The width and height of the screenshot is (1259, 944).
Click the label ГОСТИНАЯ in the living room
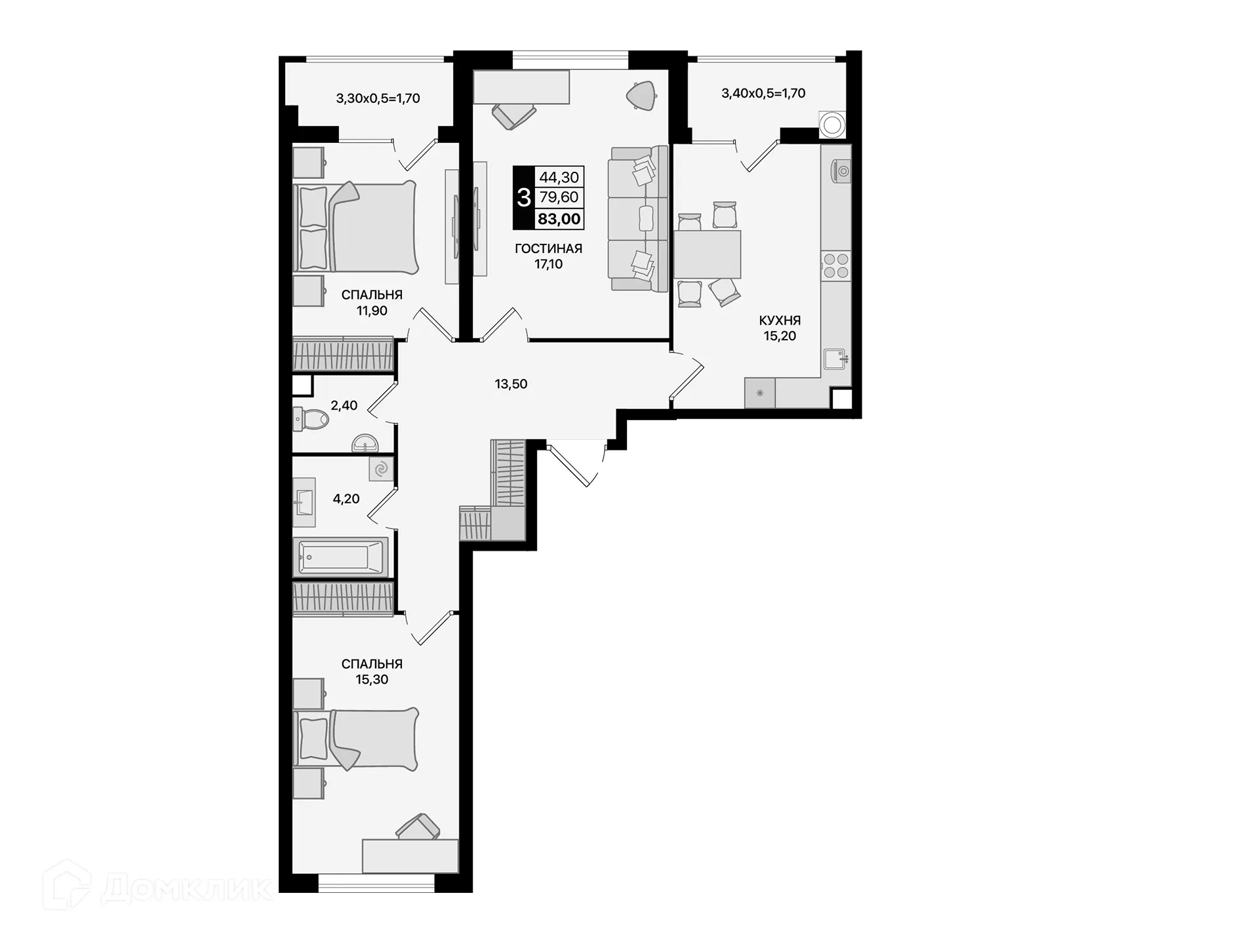click(x=548, y=248)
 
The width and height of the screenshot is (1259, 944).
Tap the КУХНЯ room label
click(x=780, y=321)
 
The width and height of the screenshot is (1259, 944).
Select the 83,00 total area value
click(x=559, y=219)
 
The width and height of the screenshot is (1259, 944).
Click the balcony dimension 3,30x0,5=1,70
click(x=378, y=98)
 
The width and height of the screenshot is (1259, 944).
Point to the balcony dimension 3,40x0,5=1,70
click(x=763, y=93)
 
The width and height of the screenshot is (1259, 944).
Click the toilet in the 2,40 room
click(x=311, y=418)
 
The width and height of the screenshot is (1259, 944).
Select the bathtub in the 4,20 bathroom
click(x=340, y=557)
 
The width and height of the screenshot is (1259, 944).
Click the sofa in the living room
click(x=636, y=218)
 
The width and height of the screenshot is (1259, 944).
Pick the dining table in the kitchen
click(x=708, y=254)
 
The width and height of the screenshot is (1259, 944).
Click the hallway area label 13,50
click(x=511, y=384)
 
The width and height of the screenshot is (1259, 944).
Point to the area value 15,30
click(x=372, y=680)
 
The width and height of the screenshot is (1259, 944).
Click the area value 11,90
click(x=372, y=311)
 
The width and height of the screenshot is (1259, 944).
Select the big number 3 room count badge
click(x=523, y=197)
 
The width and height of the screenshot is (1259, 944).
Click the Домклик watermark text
click(x=186, y=889)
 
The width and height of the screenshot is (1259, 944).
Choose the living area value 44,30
click(x=559, y=177)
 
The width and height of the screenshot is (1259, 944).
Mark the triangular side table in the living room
click(x=641, y=95)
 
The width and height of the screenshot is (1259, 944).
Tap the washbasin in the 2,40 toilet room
click(x=365, y=444)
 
